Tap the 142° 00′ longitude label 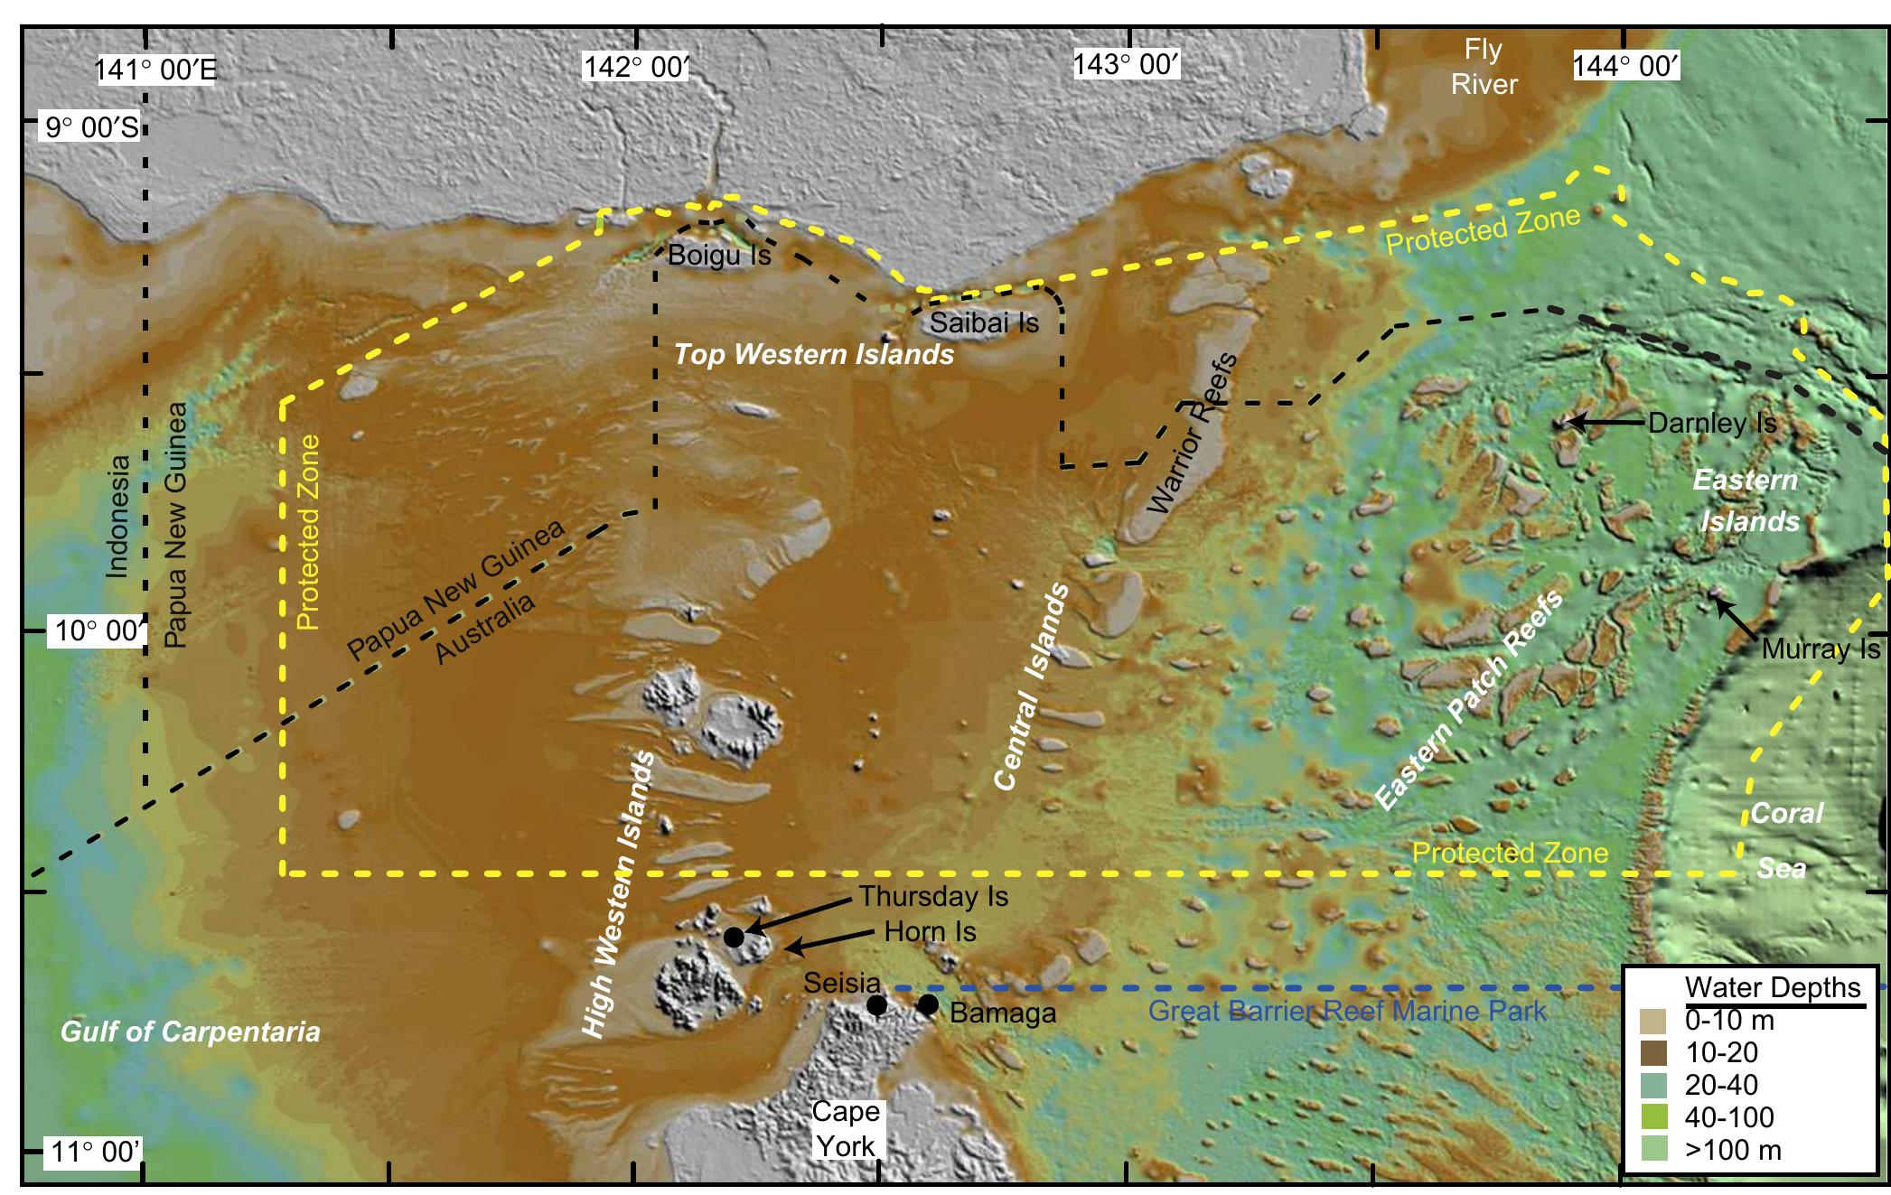[x=636, y=67]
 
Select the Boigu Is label [x=719, y=256]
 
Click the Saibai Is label [x=985, y=322]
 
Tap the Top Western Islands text [x=813, y=354]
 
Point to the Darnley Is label [x=1712, y=423]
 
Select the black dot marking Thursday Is [x=734, y=937]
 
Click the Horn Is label [x=930, y=931]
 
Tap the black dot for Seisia [x=876, y=1005]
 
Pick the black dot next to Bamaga [x=928, y=1004]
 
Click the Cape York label [x=846, y=1128]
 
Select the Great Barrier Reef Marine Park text [x=1346, y=1010]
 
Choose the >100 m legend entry [x=1732, y=1150]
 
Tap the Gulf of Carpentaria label [x=190, y=1032]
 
